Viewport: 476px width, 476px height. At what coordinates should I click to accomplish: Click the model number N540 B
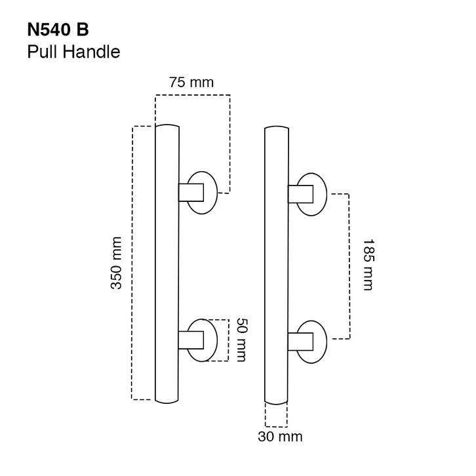coord(58,30)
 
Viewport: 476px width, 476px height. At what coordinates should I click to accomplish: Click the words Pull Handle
coord(74,52)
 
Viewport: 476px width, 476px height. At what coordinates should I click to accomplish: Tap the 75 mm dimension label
coord(191,82)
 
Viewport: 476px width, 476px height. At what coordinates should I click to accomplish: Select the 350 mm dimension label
coord(116,263)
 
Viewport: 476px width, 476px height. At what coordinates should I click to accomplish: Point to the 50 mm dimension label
coord(241,340)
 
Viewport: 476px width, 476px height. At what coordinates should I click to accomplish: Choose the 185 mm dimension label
coord(369,265)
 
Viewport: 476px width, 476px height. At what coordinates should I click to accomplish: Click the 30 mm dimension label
coord(280,437)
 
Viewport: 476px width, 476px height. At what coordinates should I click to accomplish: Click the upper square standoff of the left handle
coord(191,193)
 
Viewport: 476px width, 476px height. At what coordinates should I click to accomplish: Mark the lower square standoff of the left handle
coord(191,340)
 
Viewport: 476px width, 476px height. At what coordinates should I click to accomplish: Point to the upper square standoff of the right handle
coord(300,194)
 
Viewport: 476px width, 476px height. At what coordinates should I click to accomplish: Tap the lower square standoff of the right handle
coord(300,342)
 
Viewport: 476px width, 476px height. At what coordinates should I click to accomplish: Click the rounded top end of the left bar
coord(167,125)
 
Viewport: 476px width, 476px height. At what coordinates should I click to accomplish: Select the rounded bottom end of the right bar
coord(276,404)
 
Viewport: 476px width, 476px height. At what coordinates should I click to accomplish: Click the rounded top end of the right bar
coord(277,127)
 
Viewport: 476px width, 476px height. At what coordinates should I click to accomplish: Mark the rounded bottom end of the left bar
coord(167,403)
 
